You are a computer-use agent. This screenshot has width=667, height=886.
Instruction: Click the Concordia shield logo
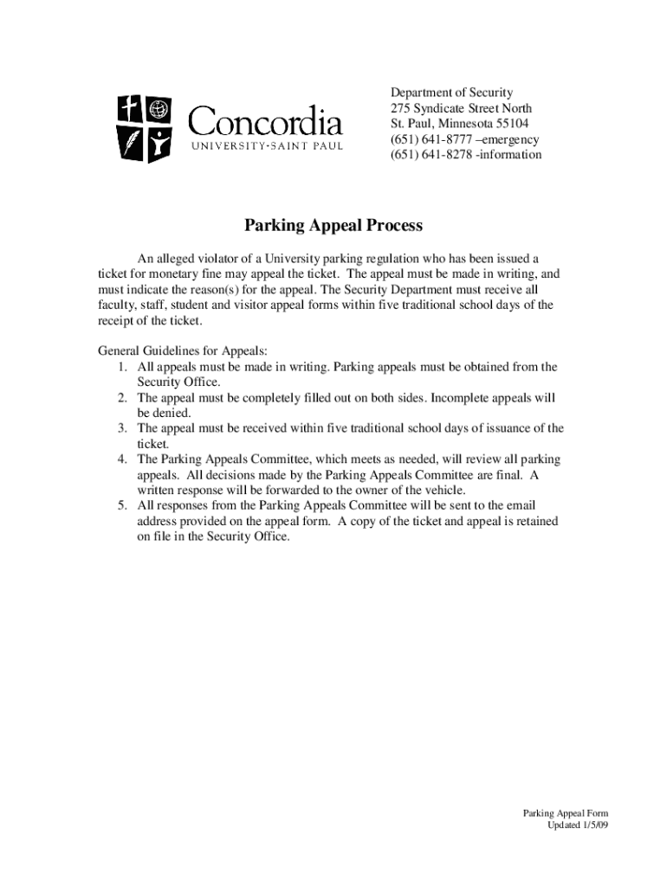click(x=144, y=129)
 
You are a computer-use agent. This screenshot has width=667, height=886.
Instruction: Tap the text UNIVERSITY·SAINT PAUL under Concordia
click(x=267, y=145)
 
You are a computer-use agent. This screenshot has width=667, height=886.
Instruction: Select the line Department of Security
click(x=451, y=93)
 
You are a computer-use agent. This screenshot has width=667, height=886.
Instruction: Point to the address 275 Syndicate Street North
click(x=461, y=108)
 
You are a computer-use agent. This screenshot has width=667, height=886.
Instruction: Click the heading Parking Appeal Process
click(x=333, y=226)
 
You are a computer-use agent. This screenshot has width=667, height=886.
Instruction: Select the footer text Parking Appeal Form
click(x=566, y=813)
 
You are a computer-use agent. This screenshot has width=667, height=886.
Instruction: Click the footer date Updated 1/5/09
click(x=578, y=825)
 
